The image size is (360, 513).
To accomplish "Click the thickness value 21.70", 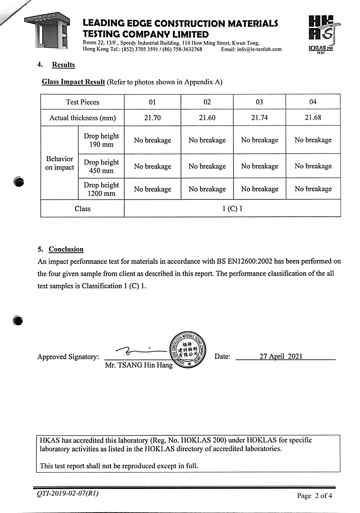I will (x=152, y=118).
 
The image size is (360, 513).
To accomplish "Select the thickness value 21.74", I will (x=259, y=118).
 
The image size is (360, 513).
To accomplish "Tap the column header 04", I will (x=313, y=102).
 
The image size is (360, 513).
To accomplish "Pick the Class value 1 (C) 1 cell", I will (x=232, y=209).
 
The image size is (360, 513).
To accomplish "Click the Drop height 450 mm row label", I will (x=101, y=166).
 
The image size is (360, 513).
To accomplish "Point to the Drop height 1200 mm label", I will (x=101, y=189).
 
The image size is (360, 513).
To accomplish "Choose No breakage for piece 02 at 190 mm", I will (x=207, y=140).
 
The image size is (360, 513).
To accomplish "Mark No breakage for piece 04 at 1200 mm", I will (x=313, y=189).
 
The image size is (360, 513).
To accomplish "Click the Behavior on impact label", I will (x=60, y=163).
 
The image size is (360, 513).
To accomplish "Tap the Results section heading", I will (x=63, y=65).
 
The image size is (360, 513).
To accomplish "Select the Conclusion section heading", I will (x=66, y=249).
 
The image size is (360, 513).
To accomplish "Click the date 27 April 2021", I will (x=281, y=356).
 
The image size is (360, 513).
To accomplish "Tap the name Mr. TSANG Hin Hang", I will (x=139, y=365).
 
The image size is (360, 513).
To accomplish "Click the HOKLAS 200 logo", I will (x=321, y=35).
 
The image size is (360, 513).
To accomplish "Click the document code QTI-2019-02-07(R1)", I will (x=67, y=493).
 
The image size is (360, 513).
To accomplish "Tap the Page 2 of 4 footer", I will (x=314, y=496).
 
